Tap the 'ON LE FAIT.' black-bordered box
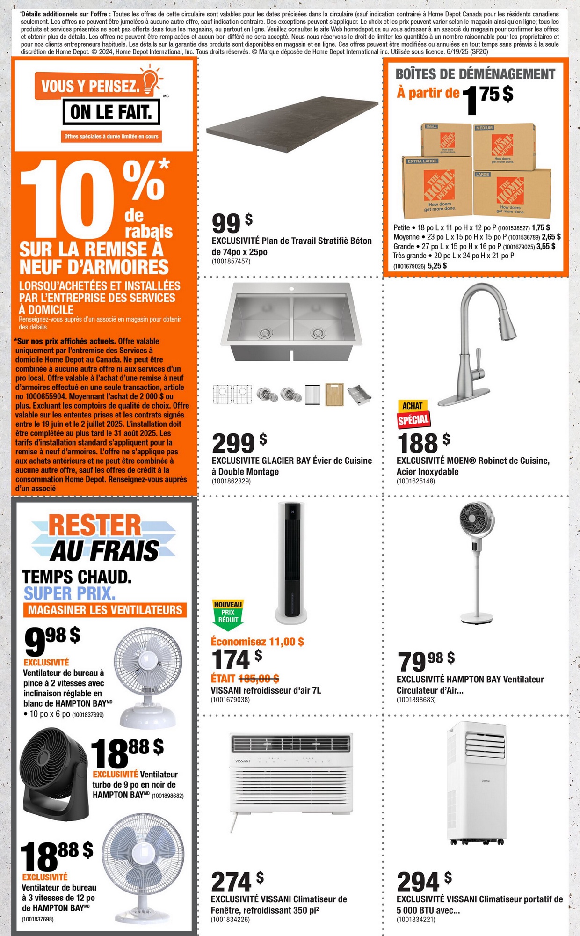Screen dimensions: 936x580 point(111,112)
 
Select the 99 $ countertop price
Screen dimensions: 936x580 point(232,223)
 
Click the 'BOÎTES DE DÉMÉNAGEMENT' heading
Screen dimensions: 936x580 point(475,74)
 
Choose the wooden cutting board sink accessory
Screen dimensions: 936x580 point(334,394)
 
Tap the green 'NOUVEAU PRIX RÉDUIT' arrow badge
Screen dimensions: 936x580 point(228,614)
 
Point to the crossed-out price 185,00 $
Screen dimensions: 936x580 point(259,678)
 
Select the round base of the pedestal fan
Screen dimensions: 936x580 point(477,618)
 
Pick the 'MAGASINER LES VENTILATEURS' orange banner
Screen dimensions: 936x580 point(105,610)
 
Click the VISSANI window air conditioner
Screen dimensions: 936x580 point(291,773)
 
